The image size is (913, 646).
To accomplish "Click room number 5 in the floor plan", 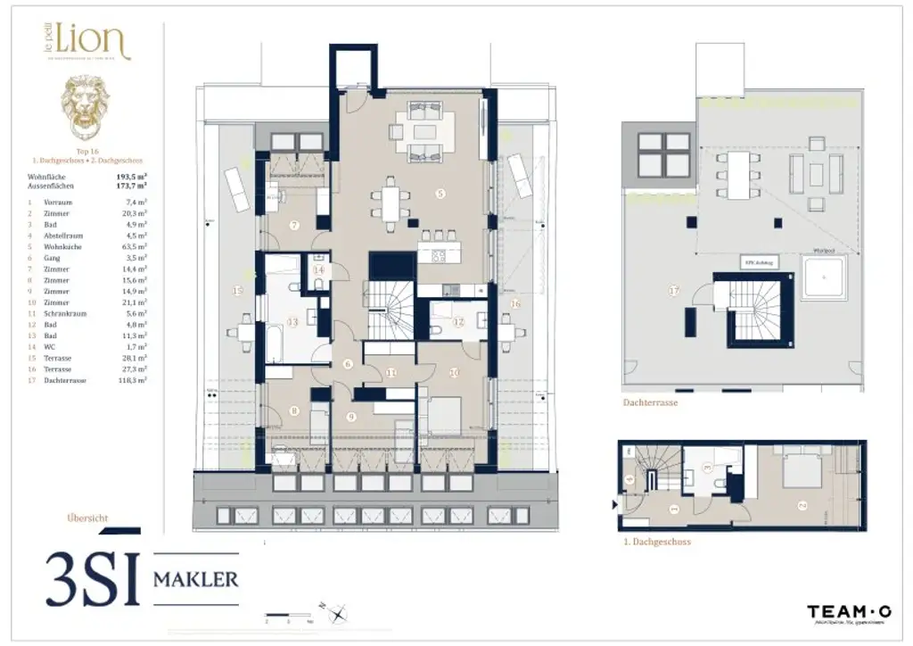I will (x=440, y=193).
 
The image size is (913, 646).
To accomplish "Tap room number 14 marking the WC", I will (x=318, y=269).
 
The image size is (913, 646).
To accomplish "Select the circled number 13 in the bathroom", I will (x=292, y=322).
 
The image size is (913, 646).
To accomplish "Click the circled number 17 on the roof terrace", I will (x=674, y=290).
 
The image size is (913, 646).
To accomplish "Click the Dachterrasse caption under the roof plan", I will (x=649, y=403).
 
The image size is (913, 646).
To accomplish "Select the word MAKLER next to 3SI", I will (x=196, y=579).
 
